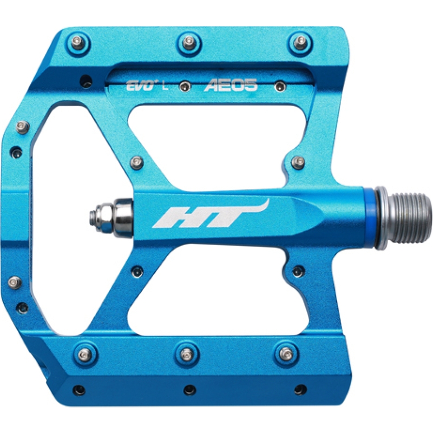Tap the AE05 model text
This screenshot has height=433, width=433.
(x=231, y=85)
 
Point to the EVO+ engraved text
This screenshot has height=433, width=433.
(x=140, y=86)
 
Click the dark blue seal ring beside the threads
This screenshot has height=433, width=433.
(x=370, y=218)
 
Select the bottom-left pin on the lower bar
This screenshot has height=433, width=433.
(x=85, y=355)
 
